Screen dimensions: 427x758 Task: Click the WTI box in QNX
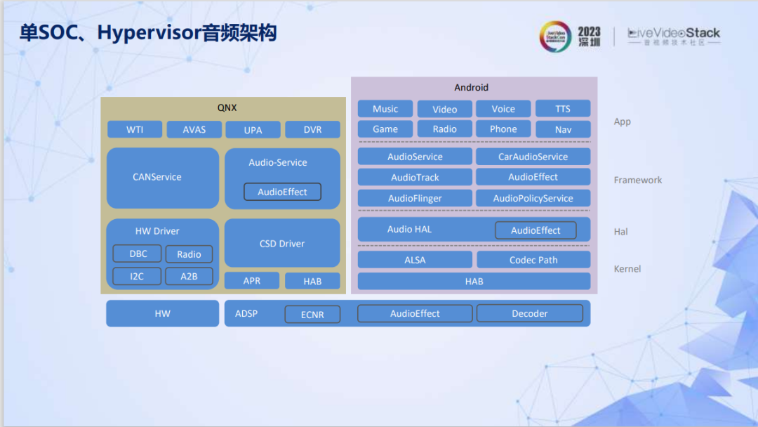coord(135,130)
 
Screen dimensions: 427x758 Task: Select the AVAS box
coord(194,130)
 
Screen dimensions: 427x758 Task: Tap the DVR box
coord(312,130)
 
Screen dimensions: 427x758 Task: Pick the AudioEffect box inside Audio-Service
coord(282,192)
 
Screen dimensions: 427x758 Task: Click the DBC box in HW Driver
coord(138,254)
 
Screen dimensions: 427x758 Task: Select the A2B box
coord(189,276)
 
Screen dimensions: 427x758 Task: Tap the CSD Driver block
coord(282,244)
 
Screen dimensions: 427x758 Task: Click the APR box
coord(251,281)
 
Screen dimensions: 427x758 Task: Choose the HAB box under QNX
coord(312,281)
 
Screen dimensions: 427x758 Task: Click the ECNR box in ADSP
coord(312,315)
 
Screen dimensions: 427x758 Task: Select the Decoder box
coord(529,313)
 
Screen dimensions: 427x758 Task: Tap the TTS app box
coord(563,109)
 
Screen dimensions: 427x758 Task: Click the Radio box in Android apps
coord(444,129)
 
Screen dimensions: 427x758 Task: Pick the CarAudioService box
coord(533,157)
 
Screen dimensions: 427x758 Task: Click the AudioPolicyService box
coord(533,198)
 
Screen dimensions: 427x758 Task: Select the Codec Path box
coord(533,260)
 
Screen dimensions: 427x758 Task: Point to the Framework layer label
coord(637,180)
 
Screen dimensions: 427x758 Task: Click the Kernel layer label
coord(627,269)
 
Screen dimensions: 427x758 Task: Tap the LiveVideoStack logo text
coord(673,34)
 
